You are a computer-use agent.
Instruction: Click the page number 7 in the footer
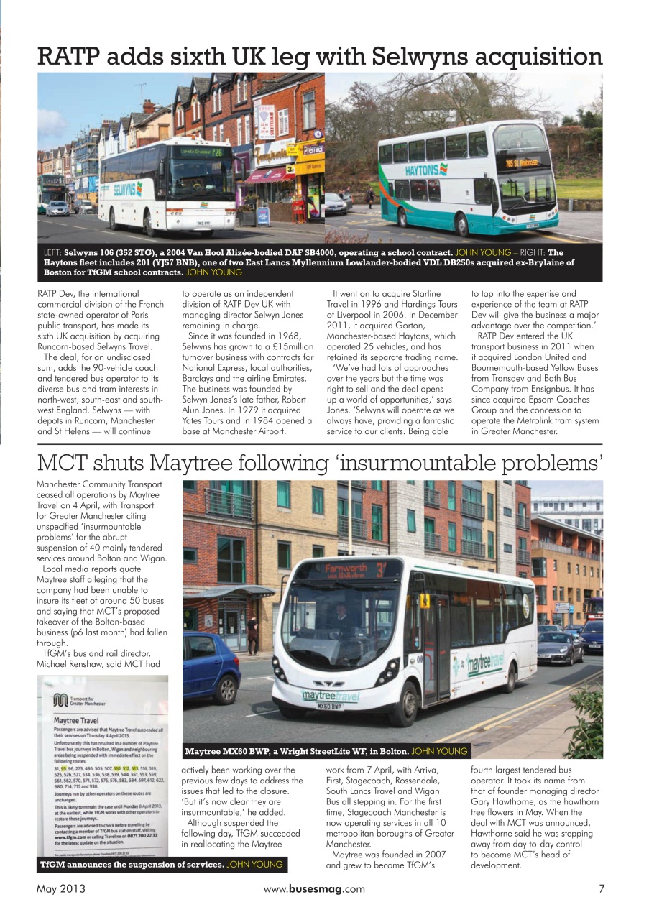click(x=602, y=888)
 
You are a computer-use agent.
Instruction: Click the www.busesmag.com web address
click(x=314, y=888)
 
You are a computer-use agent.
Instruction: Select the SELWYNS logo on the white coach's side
click(x=128, y=188)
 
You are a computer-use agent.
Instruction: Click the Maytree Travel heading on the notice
click(x=76, y=719)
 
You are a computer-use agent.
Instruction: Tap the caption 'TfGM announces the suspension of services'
click(x=132, y=864)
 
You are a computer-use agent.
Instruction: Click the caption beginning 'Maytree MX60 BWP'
click(x=297, y=752)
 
